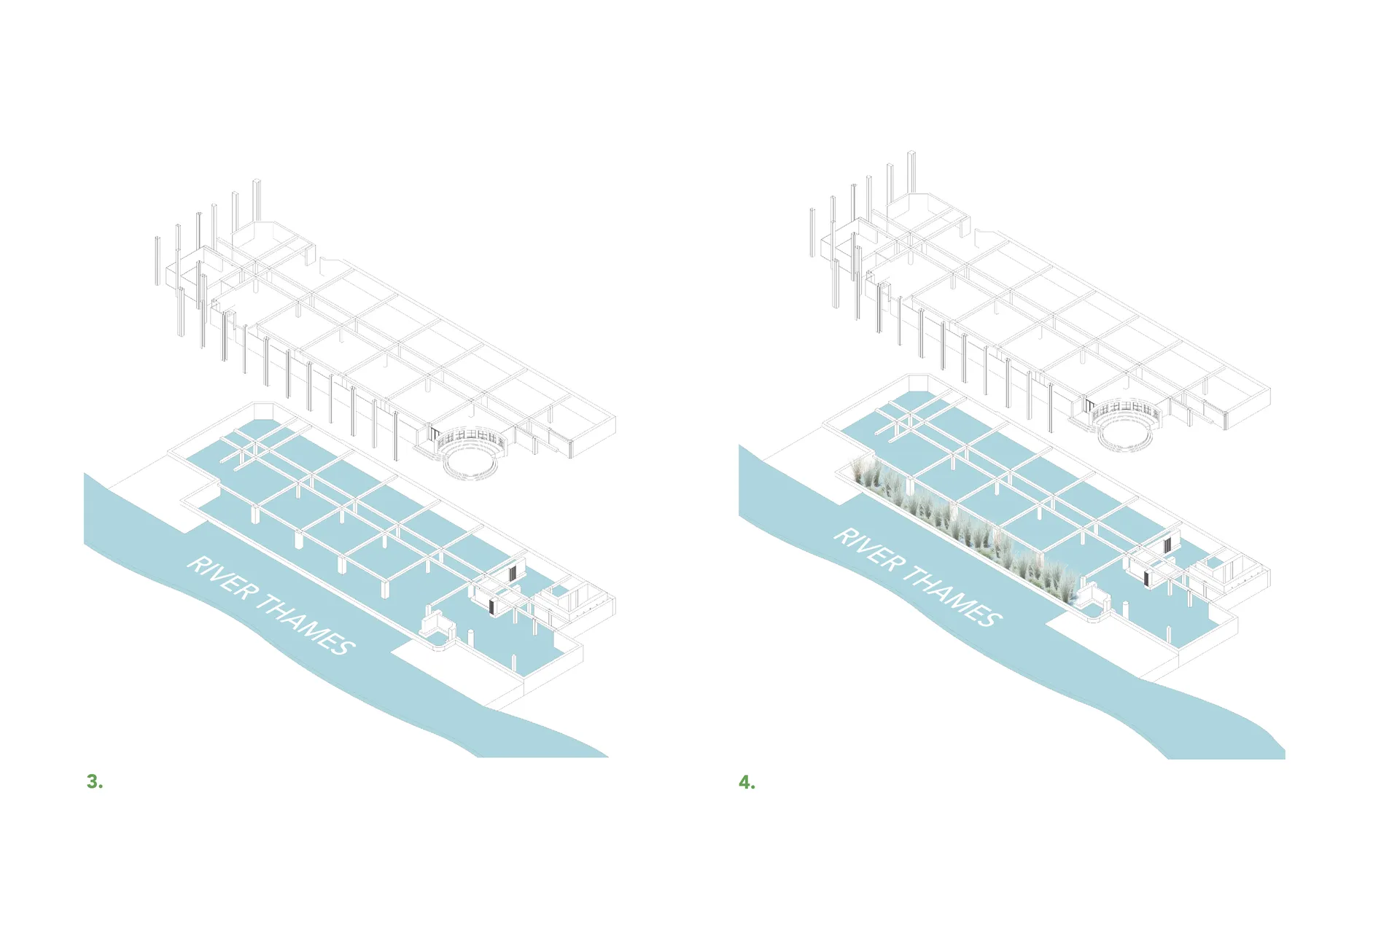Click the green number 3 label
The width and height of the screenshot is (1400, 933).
point(95,781)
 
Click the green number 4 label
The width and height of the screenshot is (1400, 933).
point(747,783)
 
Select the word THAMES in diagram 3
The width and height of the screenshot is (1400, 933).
point(306,625)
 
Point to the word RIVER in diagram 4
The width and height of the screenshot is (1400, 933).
point(868,548)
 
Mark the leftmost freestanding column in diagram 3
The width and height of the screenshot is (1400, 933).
point(157,260)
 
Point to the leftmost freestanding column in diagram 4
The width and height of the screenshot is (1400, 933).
point(812,232)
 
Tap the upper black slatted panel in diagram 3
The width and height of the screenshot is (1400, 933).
point(515,571)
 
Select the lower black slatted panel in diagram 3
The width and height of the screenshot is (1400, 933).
point(492,606)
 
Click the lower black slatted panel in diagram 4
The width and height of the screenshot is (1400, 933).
point(1147,578)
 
